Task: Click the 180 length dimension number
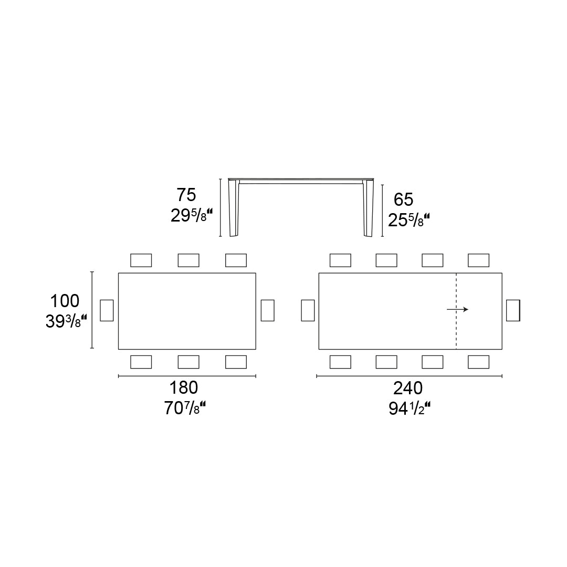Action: pos(183,388)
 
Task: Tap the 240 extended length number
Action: pos(408,388)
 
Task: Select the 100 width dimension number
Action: pos(65,301)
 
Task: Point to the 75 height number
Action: pos(186,195)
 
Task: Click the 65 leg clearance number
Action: pos(404,199)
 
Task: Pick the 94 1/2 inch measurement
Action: pos(409,408)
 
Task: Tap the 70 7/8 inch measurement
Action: pos(185,408)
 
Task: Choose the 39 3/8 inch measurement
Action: pos(66,321)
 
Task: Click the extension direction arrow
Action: pos(457,310)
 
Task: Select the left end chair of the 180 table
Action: pos(107,310)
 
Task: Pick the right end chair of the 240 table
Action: pos(513,310)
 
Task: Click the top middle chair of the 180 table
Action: pos(188,260)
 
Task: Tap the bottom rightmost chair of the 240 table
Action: pos(478,362)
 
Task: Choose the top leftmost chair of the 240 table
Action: pos(340,260)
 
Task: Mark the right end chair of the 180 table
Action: pos(268,310)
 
